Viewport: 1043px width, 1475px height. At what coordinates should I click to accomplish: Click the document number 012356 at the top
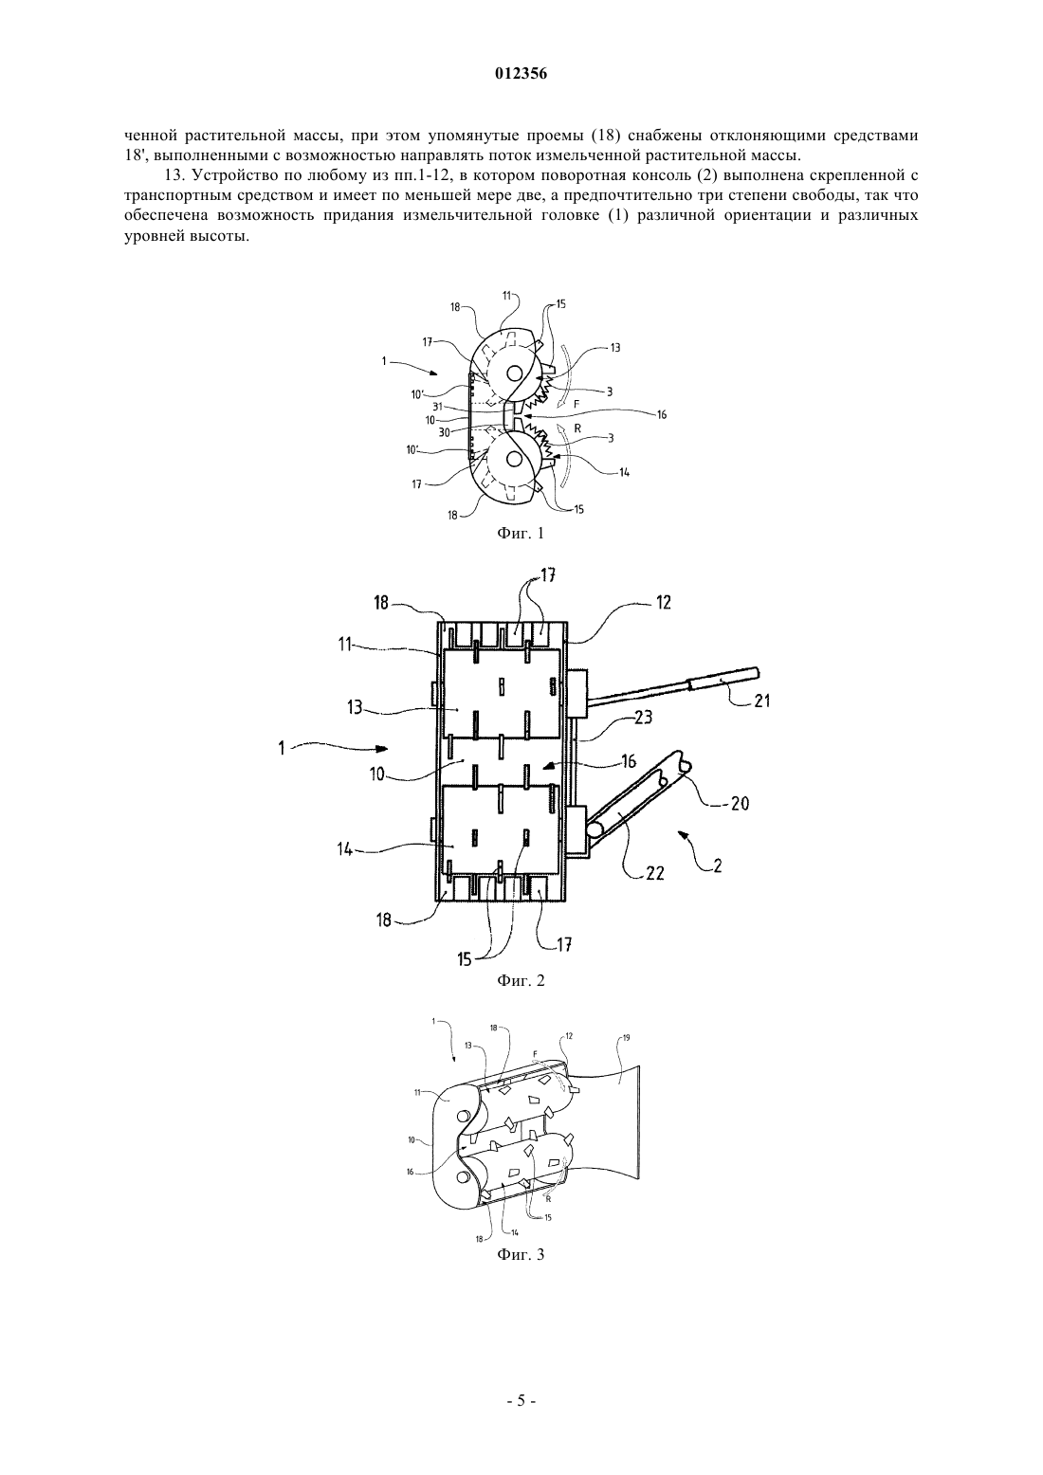(x=521, y=74)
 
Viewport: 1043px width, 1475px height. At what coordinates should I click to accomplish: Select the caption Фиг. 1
(x=521, y=534)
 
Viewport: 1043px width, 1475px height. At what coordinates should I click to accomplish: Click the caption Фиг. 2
(x=521, y=980)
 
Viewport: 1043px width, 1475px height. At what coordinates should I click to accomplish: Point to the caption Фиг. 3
(x=521, y=1254)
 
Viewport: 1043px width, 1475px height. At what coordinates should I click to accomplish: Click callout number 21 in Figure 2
(x=761, y=701)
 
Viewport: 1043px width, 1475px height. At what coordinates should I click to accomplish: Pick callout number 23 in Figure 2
(x=643, y=717)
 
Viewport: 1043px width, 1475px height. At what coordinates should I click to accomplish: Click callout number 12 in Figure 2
(x=663, y=603)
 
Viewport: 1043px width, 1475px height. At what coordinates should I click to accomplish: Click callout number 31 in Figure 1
(x=437, y=407)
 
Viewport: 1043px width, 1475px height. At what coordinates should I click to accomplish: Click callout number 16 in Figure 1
(x=662, y=414)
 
